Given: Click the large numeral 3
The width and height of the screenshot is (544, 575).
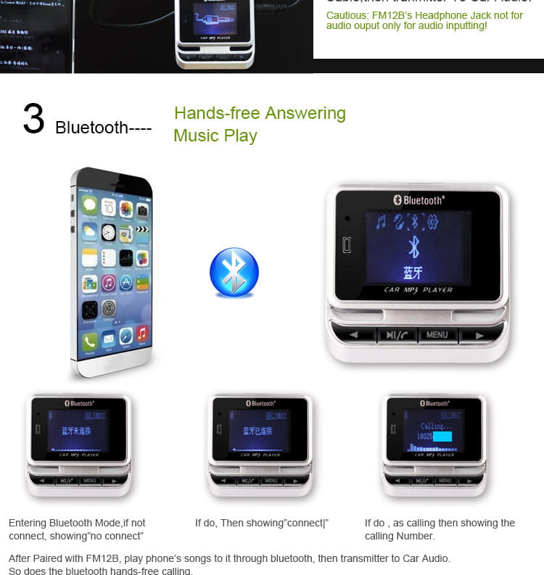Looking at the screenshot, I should tap(33, 119).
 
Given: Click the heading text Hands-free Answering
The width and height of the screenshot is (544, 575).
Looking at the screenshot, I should tap(260, 113).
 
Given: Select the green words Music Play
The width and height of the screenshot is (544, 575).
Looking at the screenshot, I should tap(215, 136).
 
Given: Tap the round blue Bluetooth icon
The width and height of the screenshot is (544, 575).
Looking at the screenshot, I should tap(234, 273).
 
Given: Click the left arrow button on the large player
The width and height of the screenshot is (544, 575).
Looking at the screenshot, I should tap(353, 335).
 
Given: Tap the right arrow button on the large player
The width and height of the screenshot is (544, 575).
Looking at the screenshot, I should tap(479, 335).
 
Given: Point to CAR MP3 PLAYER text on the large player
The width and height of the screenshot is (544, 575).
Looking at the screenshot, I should tap(418, 290).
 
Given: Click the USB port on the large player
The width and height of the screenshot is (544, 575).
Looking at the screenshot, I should tap(347, 245).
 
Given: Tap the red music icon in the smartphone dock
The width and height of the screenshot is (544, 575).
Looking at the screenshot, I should tap(142, 334).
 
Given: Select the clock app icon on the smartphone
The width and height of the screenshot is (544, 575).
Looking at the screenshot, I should tap(108, 233).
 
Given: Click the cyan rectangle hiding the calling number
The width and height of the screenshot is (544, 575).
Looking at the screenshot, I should tap(442, 437).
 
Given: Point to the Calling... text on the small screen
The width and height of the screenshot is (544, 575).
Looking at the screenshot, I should tap(436, 426).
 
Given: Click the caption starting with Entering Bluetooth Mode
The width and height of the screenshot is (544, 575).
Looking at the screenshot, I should tap(77, 529).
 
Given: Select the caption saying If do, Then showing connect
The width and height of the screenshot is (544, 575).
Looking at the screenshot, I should tap(261, 523).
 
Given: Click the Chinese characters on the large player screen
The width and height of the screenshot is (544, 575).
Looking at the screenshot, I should tap(413, 273).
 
